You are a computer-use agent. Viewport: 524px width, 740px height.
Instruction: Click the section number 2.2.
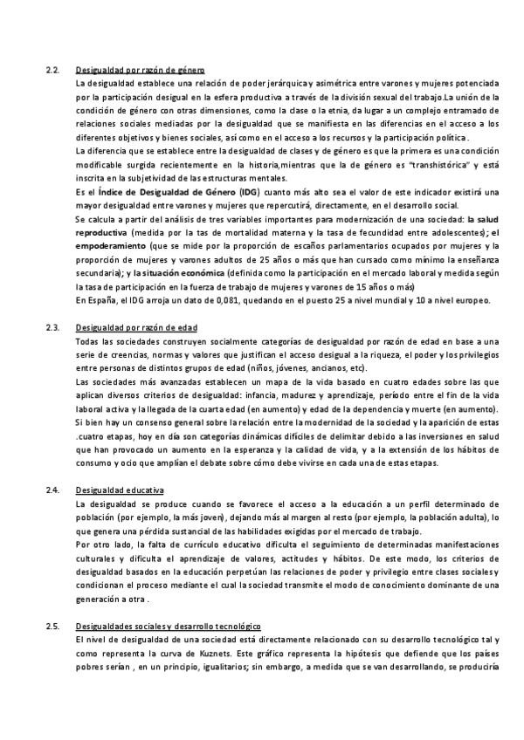(x=52, y=69)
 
